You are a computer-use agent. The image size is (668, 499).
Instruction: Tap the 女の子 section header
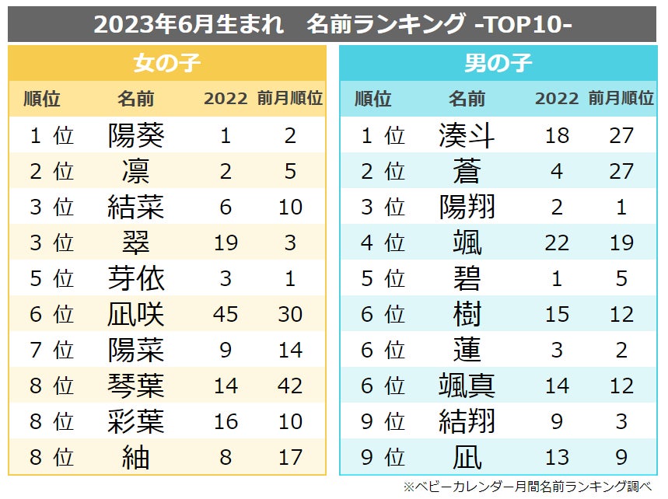pyautogui.click(x=167, y=63)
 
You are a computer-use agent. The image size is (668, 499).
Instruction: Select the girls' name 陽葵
pyautogui.click(x=136, y=136)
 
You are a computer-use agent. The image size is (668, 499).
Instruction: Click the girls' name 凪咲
pyautogui.click(x=136, y=314)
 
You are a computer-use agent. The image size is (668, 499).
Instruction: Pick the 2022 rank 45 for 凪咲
pyautogui.click(x=226, y=314)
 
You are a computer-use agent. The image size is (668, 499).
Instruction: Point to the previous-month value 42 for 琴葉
pyautogui.click(x=290, y=386)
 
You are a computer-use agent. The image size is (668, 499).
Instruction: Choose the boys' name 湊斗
pyautogui.click(x=467, y=136)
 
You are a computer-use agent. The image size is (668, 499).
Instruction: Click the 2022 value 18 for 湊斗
pyautogui.click(x=557, y=136)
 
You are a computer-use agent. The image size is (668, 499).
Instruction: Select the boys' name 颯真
pyautogui.click(x=467, y=386)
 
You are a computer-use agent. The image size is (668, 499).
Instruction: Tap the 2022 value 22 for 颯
pyautogui.click(x=557, y=243)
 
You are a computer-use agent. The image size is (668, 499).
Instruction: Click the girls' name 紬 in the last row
pyautogui.click(x=136, y=457)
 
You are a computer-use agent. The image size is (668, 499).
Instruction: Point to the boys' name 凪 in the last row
pyautogui.click(x=467, y=457)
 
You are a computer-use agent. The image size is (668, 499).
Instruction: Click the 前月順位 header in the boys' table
pyautogui.click(x=621, y=99)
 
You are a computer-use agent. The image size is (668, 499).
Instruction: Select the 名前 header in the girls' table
pyautogui.click(x=136, y=99)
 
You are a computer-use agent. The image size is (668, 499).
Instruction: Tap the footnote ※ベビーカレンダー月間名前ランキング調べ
pyautogui.click(x=527, y=487)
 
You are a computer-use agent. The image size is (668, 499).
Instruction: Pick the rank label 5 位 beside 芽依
pyautogui.click(x=51, y=278)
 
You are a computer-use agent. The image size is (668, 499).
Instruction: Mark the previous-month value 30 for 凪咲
pyautogui.click(x=290, y=314)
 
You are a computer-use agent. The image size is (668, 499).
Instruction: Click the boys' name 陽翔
pyautogui.click(x=467, y=208)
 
